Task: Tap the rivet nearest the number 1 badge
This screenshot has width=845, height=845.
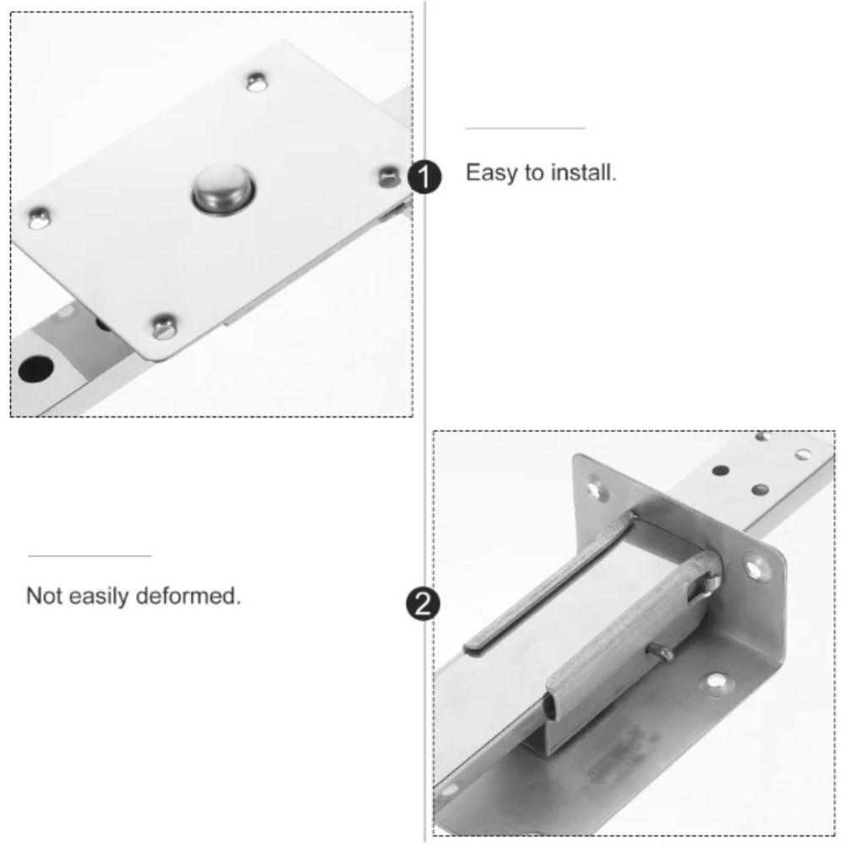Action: [x=389, y=176]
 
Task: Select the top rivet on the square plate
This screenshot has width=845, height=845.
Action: [x=256, y=82]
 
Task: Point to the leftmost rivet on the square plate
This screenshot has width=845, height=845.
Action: [x=37, y=219]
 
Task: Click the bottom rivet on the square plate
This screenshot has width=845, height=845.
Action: [x=165, y=326]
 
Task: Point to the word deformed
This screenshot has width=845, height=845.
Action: [x=199, y=596]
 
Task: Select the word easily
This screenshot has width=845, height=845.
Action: [x=106, y=597]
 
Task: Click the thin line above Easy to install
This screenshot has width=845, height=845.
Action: [x=525, y=128]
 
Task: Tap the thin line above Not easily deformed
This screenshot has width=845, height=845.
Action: [x=90, y=556]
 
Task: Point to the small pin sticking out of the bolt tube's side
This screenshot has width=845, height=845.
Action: [x=661, y=651]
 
